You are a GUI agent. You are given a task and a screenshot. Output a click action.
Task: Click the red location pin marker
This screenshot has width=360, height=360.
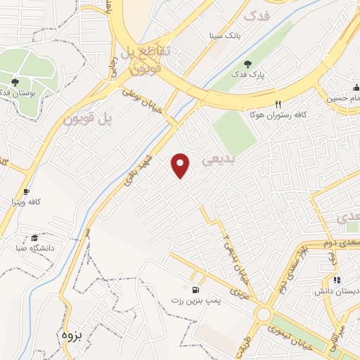(181, 165)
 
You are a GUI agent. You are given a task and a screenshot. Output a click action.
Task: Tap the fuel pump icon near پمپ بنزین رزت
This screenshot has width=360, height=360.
(194, 290)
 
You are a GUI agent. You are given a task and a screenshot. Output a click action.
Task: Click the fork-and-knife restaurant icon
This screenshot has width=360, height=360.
(278, 104)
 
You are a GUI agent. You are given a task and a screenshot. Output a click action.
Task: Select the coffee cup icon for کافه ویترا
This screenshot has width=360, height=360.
(27, 191)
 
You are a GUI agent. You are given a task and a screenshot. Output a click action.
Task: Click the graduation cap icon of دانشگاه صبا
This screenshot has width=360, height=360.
(34, 237)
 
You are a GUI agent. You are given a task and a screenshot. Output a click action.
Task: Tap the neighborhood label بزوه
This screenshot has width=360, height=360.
(72, 335)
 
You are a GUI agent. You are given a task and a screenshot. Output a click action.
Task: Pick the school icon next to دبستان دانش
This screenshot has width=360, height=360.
(326, 280)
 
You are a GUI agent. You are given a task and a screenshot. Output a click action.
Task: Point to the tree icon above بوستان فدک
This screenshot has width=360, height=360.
(15, 82)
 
